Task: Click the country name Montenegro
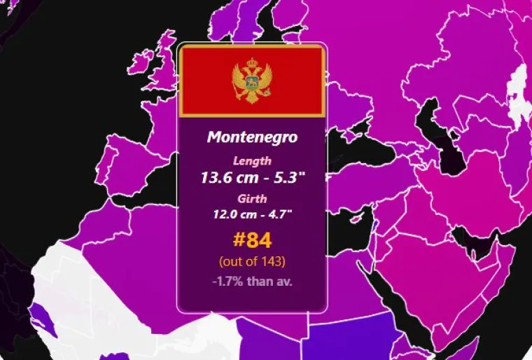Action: coord(252,137)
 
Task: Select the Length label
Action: coord(252,161)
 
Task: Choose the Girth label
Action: coord(252,198)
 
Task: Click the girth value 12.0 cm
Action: coord(231,214)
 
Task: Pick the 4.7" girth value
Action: coord(279,214)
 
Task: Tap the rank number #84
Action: coord(252,241)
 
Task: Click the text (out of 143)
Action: coord(252,262)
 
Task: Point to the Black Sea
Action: coord(350,137)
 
